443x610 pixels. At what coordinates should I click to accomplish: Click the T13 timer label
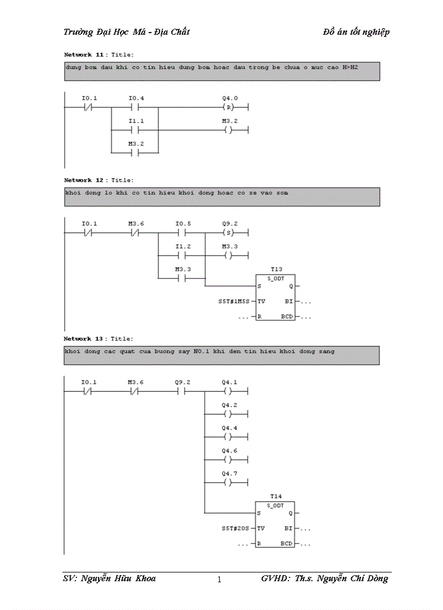point(276,269)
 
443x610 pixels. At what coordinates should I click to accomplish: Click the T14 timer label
point(276,496)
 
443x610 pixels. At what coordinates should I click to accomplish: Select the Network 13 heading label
point(85,338)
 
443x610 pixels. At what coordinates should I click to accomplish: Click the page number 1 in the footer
point(219,580)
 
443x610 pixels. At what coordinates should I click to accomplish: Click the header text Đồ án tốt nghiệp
point(356,32)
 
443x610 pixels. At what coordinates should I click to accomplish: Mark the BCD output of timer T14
point(287,543)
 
